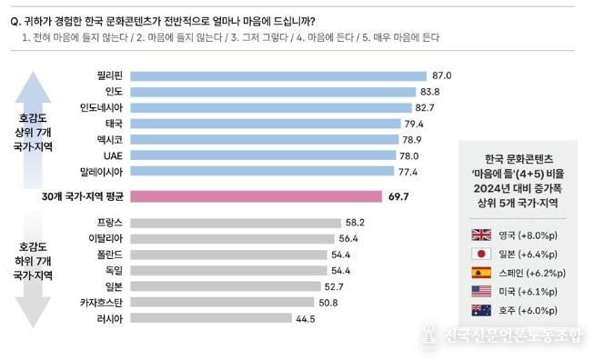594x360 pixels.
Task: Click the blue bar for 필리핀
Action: (x=277, y=75)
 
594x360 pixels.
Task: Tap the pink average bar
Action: (x=256, y=195)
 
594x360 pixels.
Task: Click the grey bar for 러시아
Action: (x=210, y=319)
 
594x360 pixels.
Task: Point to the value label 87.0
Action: (x=442, y=75)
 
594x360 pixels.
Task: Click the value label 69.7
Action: (x=401, y=195)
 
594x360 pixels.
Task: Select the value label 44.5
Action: (x=307, y=319)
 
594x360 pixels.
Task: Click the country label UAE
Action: (x=114, y=155)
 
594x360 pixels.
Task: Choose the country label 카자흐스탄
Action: (x=103, y=303)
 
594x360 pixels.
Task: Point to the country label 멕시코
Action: (x=109, y=139)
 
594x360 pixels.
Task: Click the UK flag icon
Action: (x=481, y=234)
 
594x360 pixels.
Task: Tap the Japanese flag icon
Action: (x=481, y=254)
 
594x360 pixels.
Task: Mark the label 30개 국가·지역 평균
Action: (x=78, y=195)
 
